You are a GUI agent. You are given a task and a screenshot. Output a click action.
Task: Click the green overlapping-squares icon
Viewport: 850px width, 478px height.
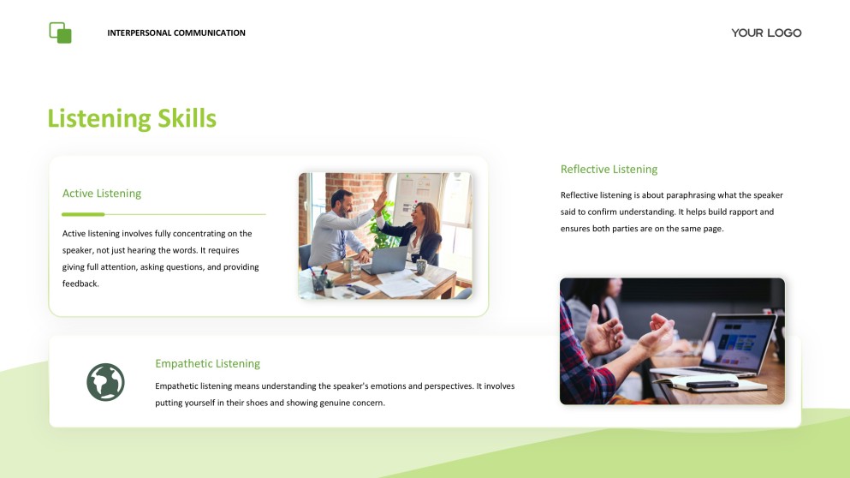[x=60, y=33]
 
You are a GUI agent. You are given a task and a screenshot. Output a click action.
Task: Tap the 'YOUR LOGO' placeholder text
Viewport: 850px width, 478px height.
[x=766, y=33]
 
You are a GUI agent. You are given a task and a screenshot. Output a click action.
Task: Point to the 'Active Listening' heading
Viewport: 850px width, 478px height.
[x=102, y=194]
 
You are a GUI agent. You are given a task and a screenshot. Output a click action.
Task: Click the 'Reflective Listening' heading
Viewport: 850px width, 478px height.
[x=609, y=170]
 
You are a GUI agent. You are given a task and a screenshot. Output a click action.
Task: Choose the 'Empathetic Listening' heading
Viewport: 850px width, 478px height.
[x=207, y=364]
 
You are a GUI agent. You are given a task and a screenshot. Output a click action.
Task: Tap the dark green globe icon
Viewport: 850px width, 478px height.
[x=105, y=382]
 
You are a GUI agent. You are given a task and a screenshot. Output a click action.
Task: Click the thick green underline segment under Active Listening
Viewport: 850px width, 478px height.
[x=83, y=214]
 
